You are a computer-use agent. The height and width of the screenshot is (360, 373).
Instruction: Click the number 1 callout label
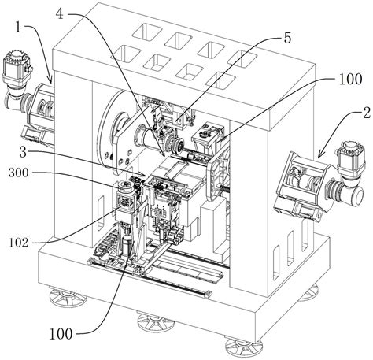click(18, 28)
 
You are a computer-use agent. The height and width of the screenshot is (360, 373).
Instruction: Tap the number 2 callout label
click(367, 113)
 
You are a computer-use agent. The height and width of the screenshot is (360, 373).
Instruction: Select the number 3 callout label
click(23, 152)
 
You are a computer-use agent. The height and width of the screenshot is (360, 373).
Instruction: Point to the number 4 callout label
click(60, 13)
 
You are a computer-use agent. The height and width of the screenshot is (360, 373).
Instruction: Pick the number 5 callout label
click(287, 39)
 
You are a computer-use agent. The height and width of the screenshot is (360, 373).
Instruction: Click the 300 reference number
click(18, 173)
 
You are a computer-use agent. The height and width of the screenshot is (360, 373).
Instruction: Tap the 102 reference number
click(19, 243)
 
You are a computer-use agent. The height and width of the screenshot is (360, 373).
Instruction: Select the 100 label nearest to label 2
click(350, 79)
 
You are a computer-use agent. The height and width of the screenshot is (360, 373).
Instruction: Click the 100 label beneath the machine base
click(61, 334)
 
